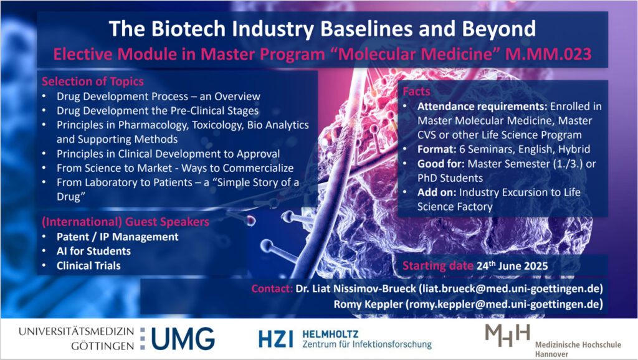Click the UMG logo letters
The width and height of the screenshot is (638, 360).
(183, 338)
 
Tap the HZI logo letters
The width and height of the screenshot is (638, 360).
(275, 339)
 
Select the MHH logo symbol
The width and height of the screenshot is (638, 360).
(508, 335)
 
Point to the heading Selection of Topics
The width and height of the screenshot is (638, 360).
(93, 82)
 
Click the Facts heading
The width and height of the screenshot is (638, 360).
(416, 92)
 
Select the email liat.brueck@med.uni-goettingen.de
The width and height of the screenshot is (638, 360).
(511, 289)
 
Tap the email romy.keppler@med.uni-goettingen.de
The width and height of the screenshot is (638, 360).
(504, 305)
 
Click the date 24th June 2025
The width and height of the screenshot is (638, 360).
(512, 265)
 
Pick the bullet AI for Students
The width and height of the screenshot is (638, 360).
(93, 252)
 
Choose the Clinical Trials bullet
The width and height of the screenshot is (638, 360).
(88, 265)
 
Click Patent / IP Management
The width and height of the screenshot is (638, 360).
(118, 237)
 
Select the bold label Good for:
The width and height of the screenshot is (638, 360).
(441, 164)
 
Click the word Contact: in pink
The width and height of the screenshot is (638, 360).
(272, 289)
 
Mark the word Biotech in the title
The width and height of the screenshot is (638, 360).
(188, 29)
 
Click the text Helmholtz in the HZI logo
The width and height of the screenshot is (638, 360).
(330, 334)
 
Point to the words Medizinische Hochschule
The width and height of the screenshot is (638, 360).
(578, 345)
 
